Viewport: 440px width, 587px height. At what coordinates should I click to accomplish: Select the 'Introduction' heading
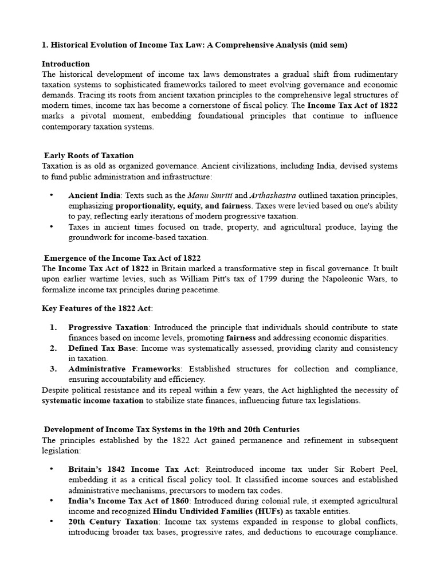pyautogui.click(x=66, y=64)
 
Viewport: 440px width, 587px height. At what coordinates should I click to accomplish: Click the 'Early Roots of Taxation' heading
pyautogui.click(x=89, y=155)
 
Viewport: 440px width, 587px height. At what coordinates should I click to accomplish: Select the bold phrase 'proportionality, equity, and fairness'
pyautogui.click(x=183, y=206)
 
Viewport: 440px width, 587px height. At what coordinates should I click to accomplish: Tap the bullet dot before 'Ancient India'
pyautogui.click(x=52, y=195)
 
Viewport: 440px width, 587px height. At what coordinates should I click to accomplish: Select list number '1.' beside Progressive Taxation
pyautogui.click(x=53, y=327)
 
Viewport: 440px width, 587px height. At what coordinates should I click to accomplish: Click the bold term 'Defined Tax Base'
pyautogui.click(x=102, y=348)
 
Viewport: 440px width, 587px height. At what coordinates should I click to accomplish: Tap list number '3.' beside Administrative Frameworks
pyautogui.click(x=53, y=369)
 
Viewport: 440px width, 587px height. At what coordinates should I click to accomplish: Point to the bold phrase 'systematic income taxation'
pyautogui.click(x=93, y=401)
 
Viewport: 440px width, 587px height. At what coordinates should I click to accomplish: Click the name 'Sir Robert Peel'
pyautogui.click(x=370, y=469)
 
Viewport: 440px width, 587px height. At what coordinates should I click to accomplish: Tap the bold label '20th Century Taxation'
pyautogui.click(x=113, y=522)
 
